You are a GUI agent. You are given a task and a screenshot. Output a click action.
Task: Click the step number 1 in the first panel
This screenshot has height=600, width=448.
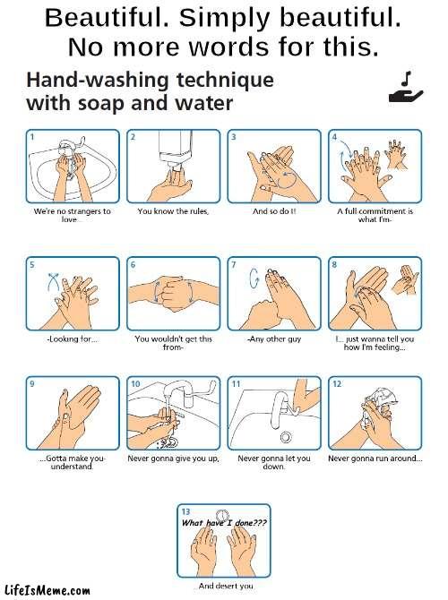pos(32,137)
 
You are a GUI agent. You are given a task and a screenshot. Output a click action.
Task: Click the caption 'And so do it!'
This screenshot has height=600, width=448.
pos(274,211)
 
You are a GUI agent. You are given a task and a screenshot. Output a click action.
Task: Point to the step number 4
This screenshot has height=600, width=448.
pos(334,137)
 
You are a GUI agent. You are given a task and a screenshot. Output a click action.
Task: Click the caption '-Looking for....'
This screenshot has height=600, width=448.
pos(73,339)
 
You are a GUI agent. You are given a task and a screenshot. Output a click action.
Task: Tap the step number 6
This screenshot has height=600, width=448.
pos(134,265)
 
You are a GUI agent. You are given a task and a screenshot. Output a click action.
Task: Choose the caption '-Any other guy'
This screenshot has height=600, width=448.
pos(274,339)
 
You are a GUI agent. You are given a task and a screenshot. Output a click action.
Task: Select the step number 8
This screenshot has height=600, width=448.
pos(334,265)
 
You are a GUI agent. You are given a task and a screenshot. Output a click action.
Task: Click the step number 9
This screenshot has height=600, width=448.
pos(32,383)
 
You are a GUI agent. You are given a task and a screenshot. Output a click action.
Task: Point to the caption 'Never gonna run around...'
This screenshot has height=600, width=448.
pos(375,459)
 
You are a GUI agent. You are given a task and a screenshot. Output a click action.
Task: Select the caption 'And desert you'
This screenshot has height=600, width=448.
pos(224,586)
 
